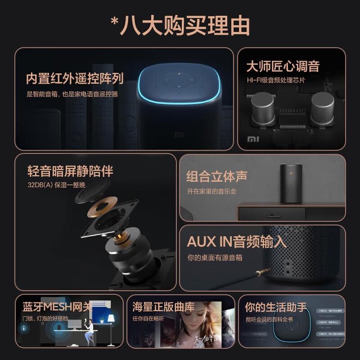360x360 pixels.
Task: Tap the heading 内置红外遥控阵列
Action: (74, 79)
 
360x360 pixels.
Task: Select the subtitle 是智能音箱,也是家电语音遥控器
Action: (72, 94)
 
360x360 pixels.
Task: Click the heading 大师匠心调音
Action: (283, 66)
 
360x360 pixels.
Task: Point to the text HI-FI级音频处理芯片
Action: (275, 80)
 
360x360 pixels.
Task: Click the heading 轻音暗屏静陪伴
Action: (70, 171)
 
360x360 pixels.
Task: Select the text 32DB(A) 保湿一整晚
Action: (56, 184)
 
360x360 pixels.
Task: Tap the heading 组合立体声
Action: (216, 176)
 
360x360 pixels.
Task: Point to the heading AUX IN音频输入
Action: (236, 242)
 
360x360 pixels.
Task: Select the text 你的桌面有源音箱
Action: (215, 258)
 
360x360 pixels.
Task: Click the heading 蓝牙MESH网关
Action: (57, 307)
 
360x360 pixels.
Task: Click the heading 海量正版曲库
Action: (163, 307)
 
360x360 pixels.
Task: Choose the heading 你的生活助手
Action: (275, 307)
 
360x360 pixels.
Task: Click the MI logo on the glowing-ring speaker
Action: (179, 134)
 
